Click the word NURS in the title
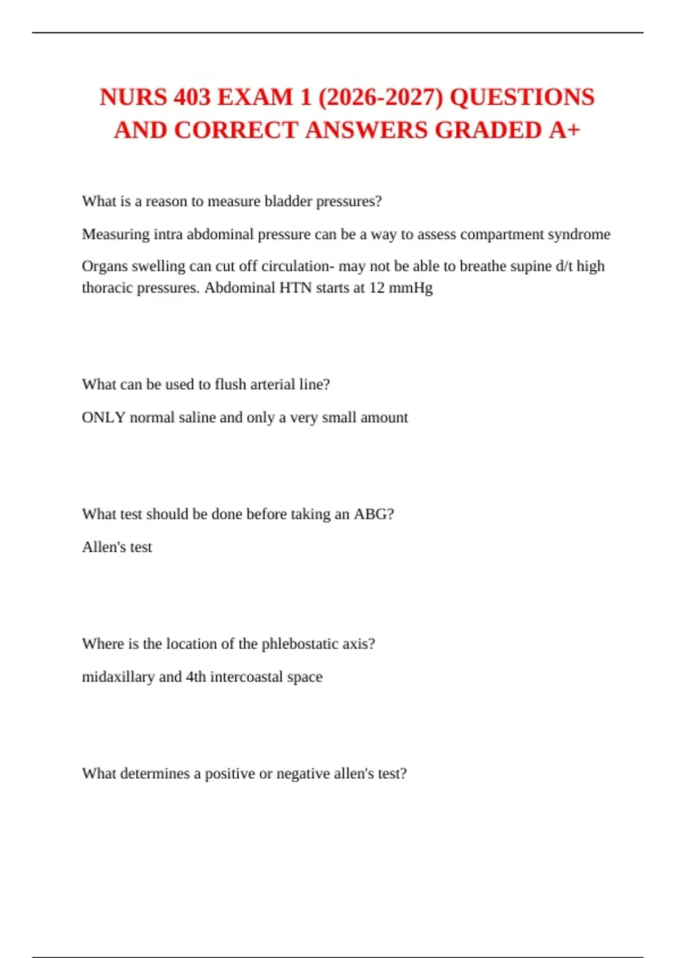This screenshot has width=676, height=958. (x=133, y=97)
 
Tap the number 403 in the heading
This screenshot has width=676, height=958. (x=192, y=97)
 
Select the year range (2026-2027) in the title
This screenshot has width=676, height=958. (x=381, y=97)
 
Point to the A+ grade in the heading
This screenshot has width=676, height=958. (x=564, y=130)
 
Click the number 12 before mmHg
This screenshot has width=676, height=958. (x=377, y=288)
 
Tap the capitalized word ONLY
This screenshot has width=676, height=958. (x=104, y=418)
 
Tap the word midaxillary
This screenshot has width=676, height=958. (x=118, y=677)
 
